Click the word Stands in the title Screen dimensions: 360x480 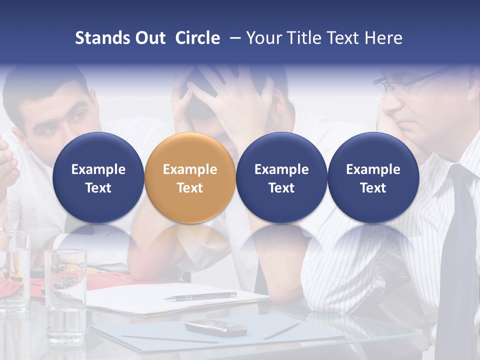click(x=101, y=38)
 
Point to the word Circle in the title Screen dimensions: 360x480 click(x=197, y=38)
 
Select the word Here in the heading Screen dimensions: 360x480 click(x=383, y=38)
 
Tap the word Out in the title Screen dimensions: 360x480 click(x=149, y=38)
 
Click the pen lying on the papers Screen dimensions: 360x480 click(x=200, y=296)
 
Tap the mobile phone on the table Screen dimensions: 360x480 click(x=215, y=328)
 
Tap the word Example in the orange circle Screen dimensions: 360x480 click(x=190, y=169)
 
